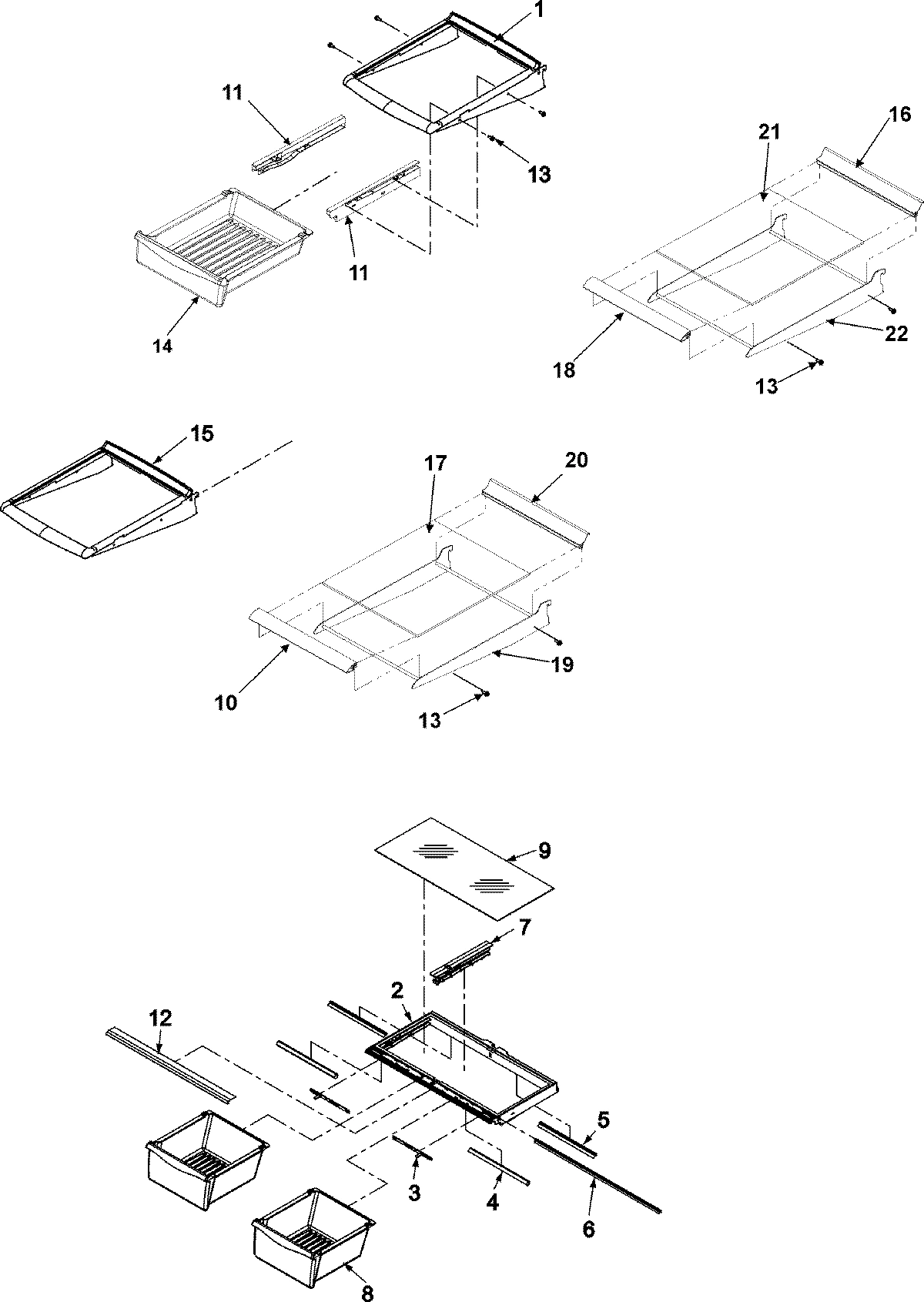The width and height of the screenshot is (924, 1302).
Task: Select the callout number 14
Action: pos(162,346)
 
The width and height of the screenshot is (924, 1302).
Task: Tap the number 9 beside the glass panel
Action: pos(545,851)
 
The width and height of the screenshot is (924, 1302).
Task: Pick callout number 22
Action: pos(897,333)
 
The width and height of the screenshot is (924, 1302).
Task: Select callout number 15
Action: pos(203,433)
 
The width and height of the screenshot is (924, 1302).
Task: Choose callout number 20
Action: pos(577,460)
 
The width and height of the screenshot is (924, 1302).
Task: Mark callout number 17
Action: pos(434,464)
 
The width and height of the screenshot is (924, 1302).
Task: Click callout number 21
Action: pos(769,132)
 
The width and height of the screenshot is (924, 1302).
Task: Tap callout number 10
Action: pos(226,702)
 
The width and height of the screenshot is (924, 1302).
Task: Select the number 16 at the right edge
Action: pos(900,115)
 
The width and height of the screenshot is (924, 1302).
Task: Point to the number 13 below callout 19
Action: pos(429,720)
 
